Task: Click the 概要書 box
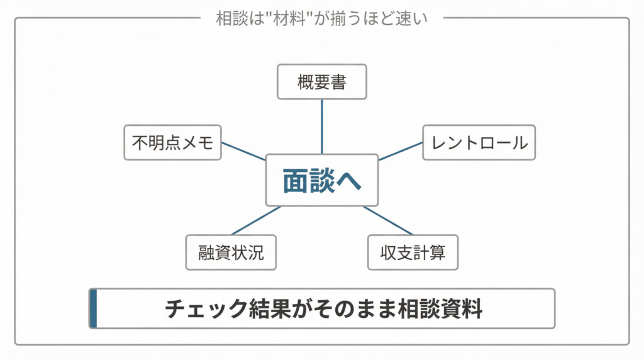[321, 82]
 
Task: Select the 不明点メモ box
[172, 143]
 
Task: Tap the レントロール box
[479, 143]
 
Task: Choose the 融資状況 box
[231, 252]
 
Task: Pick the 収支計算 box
[413, 252]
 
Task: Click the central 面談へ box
[321, 180]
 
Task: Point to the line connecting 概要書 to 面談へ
[321, 126]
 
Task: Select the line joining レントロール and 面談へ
[401, 151]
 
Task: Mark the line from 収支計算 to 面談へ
[388, 221]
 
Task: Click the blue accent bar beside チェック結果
[93, 308]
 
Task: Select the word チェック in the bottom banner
[194, 309]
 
